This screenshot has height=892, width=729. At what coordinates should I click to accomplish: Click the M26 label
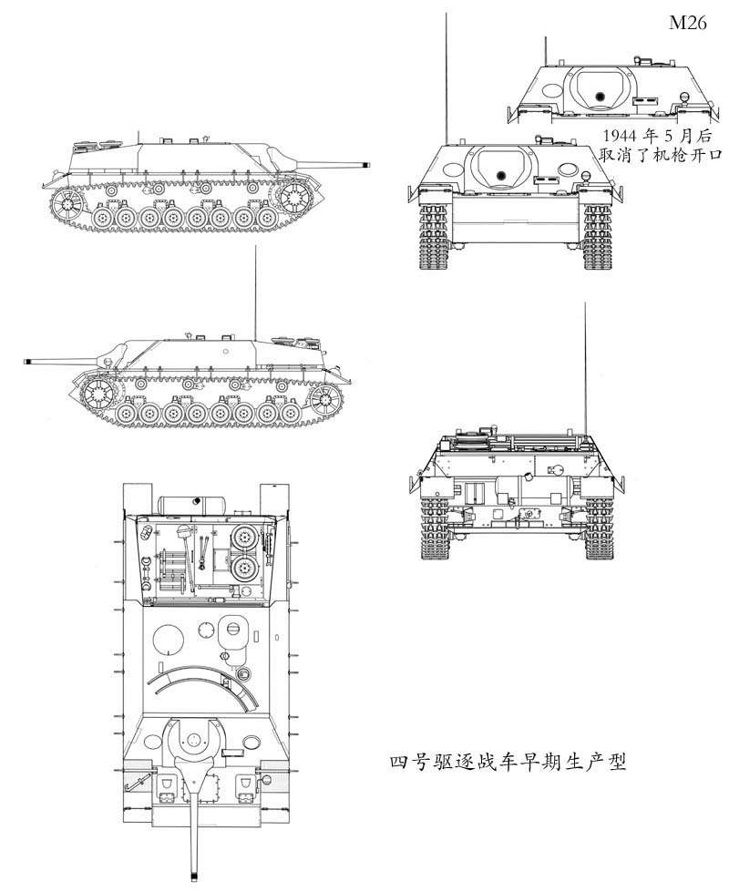coord(688,24)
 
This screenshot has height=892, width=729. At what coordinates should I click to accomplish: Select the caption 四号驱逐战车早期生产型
coord(508,761)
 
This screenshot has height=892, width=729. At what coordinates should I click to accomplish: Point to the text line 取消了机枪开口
coord(662,155)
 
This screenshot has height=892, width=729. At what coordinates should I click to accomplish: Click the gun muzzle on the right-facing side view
coord(367,165)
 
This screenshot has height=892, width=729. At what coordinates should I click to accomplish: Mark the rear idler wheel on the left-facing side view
coord(324,399)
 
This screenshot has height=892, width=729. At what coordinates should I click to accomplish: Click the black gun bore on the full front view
coord(499,175)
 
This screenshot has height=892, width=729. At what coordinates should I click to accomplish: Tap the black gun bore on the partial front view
coord(599,96)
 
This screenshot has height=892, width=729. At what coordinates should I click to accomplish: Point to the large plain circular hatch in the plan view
coord(169,641)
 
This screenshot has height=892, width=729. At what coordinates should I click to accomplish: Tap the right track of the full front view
coord(597,237)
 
